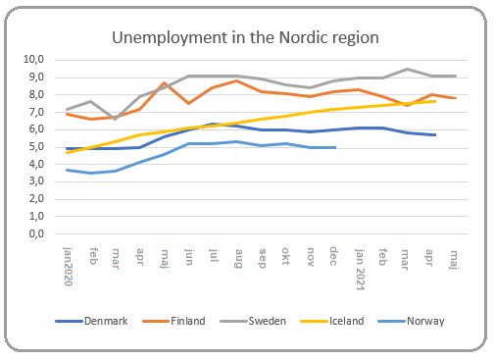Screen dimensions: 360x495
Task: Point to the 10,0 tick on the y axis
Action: [36, 59]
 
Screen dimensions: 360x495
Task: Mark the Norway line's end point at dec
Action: [334, 147]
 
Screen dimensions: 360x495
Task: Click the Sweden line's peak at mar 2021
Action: [407, 70]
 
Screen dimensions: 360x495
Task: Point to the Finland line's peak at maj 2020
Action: [164, 83]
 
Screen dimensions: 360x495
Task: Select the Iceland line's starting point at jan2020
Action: [67, 152]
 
